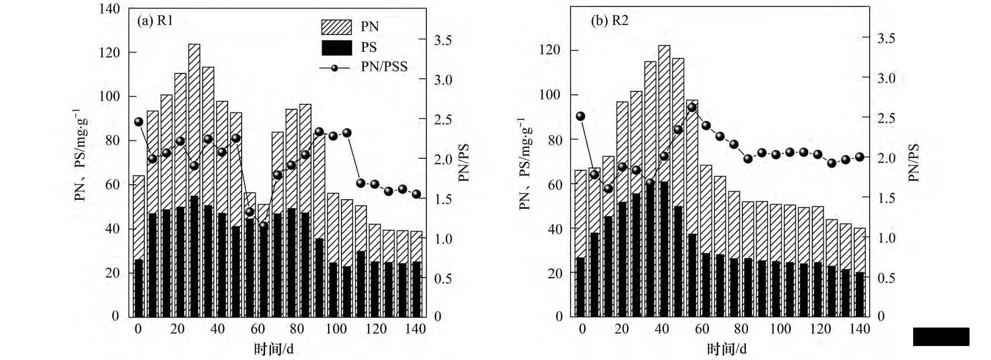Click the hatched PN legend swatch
coord(336,27)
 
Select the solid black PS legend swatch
coord(336,47)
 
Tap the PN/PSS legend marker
coord(334,67)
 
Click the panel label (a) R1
coord(155,20)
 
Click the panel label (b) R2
coord(609,20)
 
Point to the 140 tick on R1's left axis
coord(110,9)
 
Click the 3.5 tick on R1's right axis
coord(443,40)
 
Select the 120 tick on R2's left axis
coord(550,50)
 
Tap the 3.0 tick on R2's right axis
coord(886,78)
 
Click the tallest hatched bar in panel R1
coord(194,120)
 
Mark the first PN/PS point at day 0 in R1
coord(139,122)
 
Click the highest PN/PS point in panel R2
coord(692,107)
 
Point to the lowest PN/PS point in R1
coord(264,225)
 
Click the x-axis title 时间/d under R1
coord(274,349)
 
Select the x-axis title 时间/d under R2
coord(727,349)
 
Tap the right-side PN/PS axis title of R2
coord(914,162)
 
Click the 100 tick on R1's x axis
coord(336,329)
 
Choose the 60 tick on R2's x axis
coord(701,329)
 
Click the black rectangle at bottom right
coord(941,337)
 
